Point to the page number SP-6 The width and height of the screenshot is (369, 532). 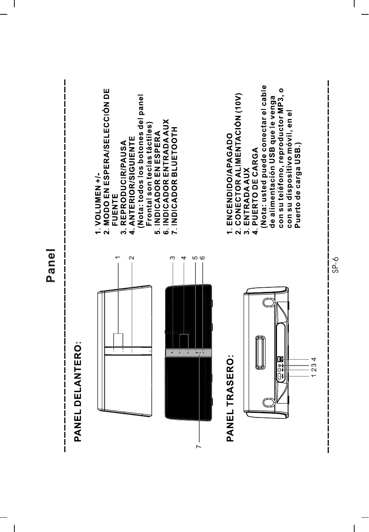(x=335, y=265)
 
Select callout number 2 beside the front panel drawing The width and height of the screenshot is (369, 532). (x=132, y=257)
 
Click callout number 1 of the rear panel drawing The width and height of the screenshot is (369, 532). (x=314, y=376)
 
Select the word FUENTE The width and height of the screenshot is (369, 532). (x=115, y=208)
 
